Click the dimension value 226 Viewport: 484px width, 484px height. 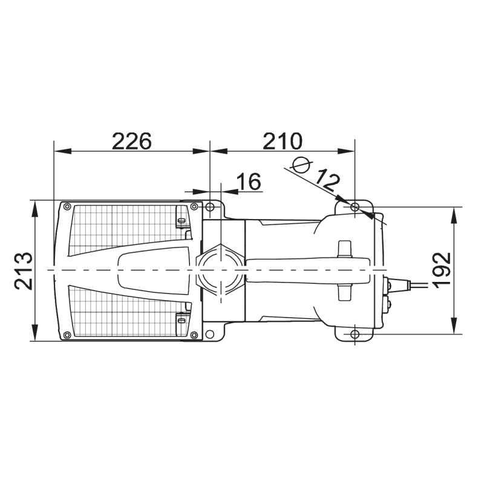click(x=132, y=141)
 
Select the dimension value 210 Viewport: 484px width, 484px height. click(x=283, y=141)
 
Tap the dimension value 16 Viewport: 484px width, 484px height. click(x=249, y=181)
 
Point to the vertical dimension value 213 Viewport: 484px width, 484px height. click(x=24, y=271)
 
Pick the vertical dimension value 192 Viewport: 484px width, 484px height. click(x=442, y=270)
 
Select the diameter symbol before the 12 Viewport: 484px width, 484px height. click(x=301, y=165)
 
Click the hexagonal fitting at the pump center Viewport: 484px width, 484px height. click(x=220, y=270)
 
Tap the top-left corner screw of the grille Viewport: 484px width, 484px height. click(x=67, y=206)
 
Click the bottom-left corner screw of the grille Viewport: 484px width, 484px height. click(x=67, y=335)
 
